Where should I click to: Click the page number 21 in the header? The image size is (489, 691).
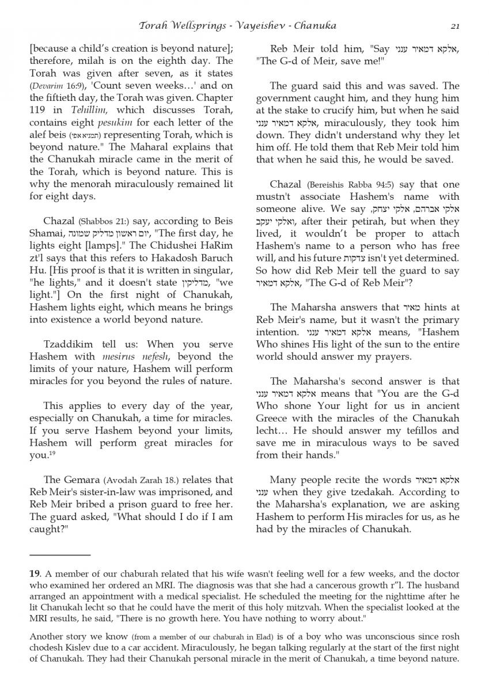[x=455, y=25]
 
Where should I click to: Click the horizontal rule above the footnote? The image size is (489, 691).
[x=60, y=555]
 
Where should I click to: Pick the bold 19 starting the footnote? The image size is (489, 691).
[x=34, y=574]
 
